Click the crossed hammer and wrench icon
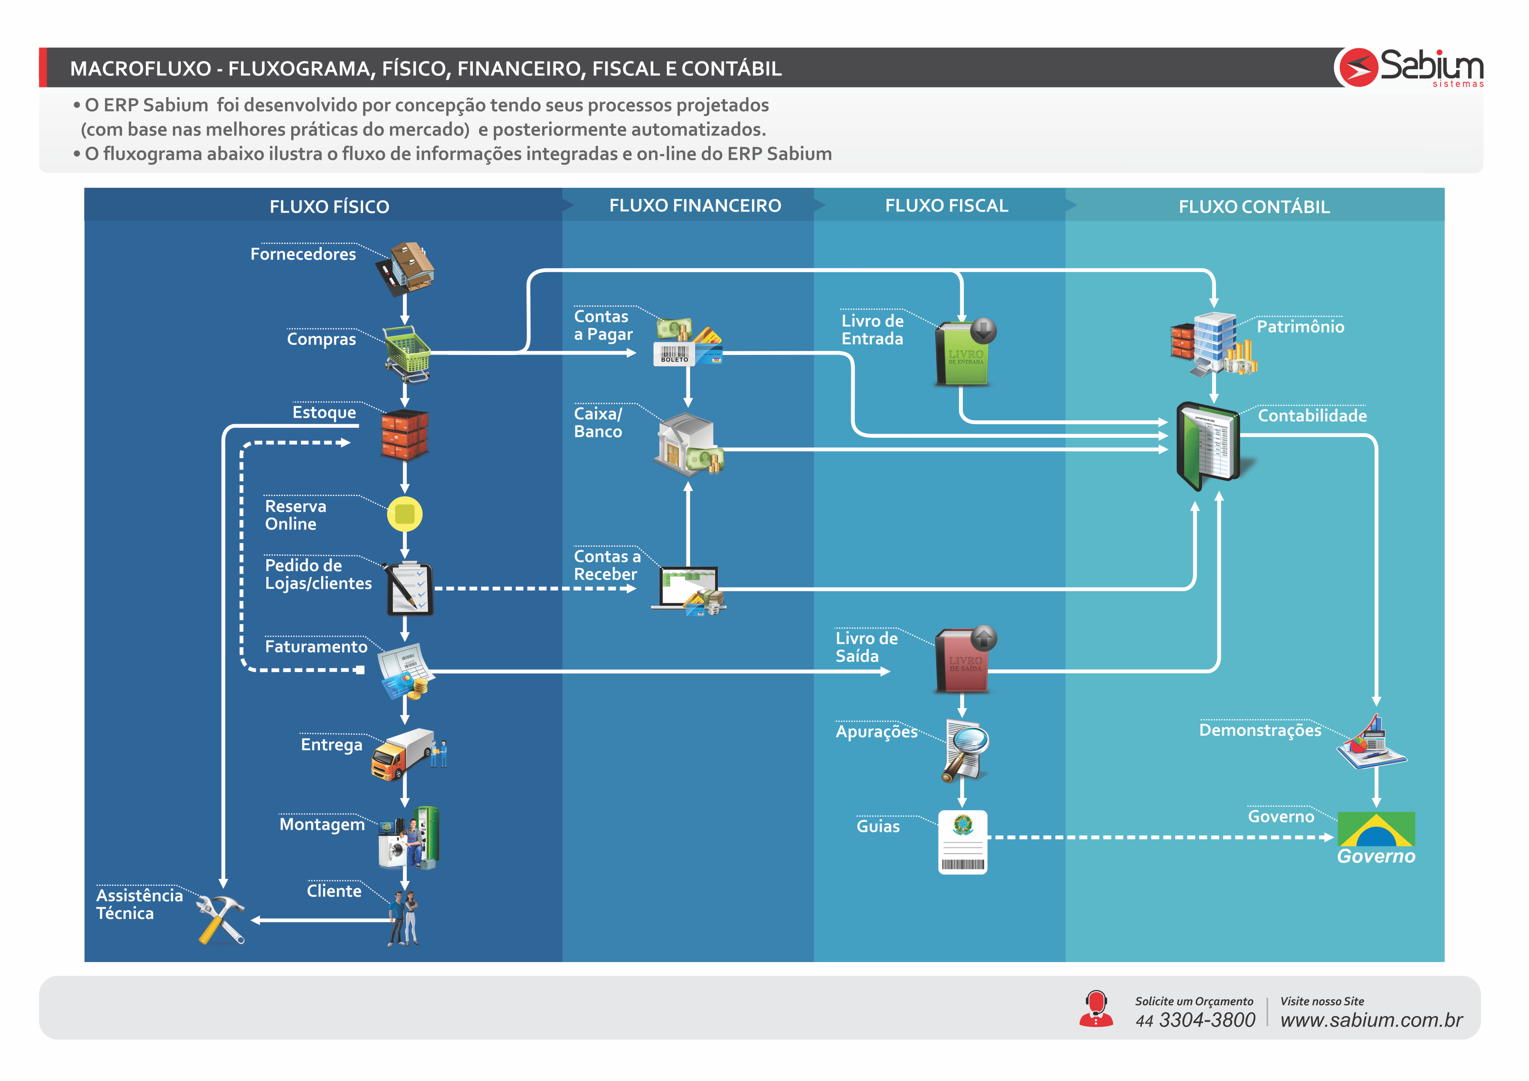pyautogui.click(x=221, y=919)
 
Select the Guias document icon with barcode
pyautogui.click(x=962, y=841)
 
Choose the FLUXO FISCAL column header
pyautogui.click(x=946, y=206)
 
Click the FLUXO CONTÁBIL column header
pyautogui.click(x=1254, y=207)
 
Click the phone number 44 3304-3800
pyautogui.click(x=1196, y=1020)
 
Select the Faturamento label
pyautogui.click(x=316, y=647)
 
